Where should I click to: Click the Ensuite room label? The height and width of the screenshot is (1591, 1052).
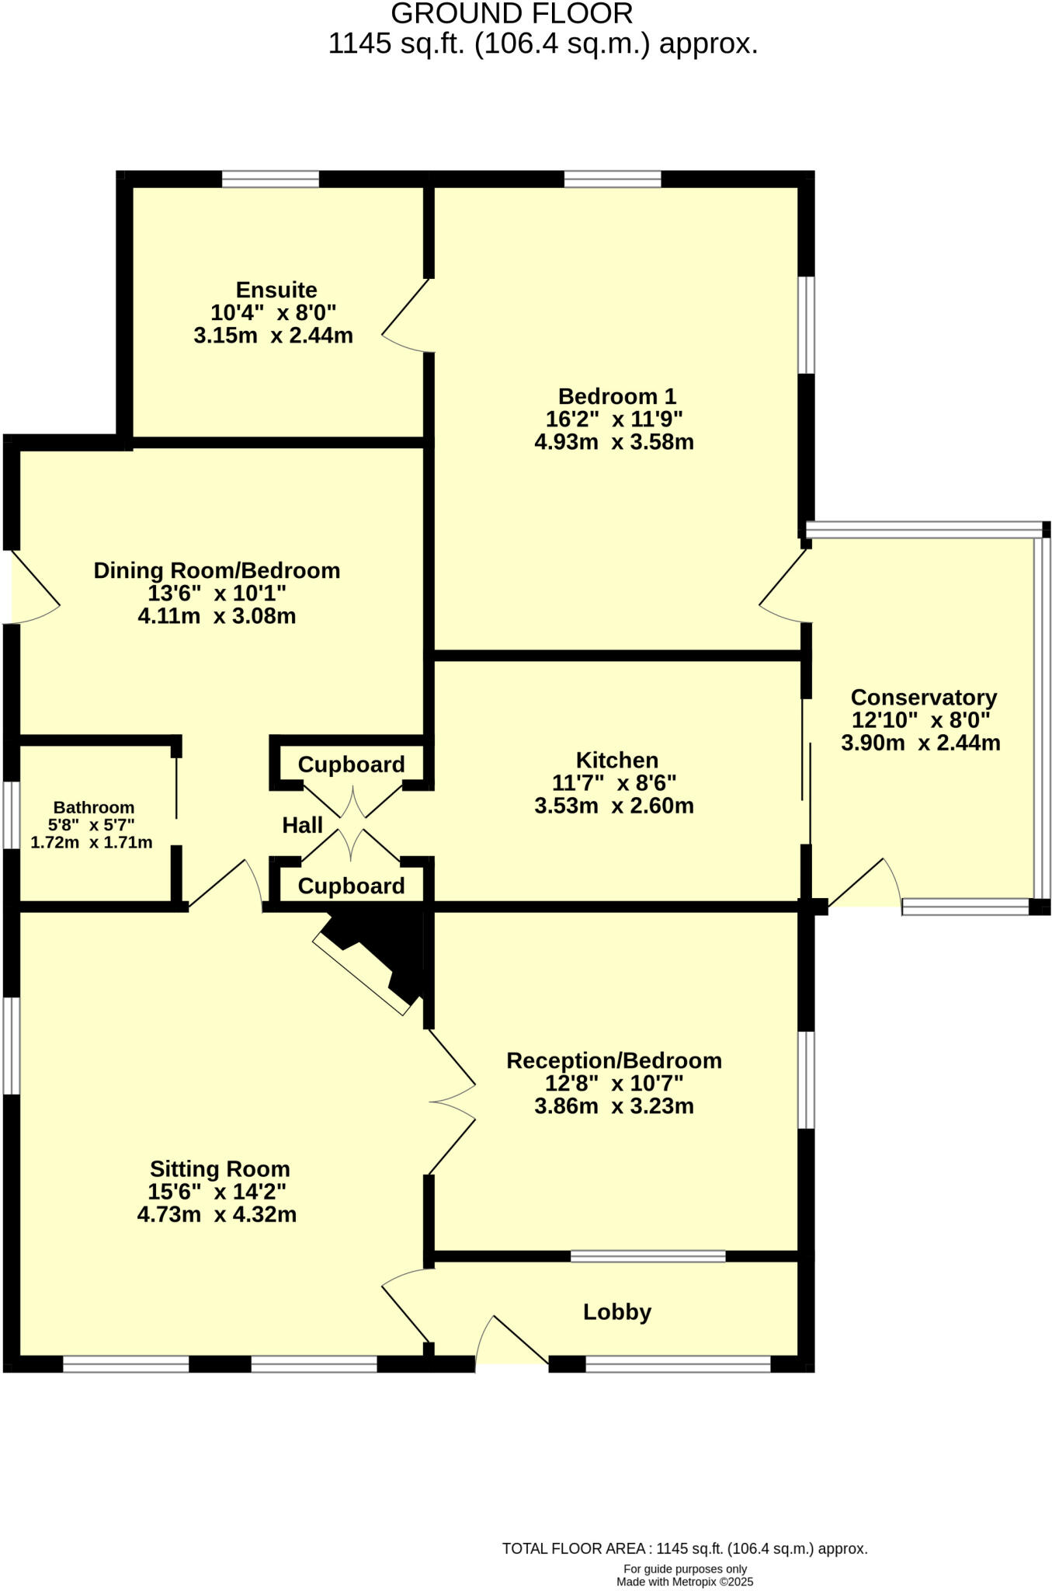pyautogui.click(x=276, y=291)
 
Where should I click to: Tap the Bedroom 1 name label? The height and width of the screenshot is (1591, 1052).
pyautogui.click(x=617, y=397)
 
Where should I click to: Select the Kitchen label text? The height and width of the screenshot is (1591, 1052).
pyautogui.click(x=616, y=760)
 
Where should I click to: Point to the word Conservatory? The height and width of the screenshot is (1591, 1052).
pyautogui.click(x=923, y=697)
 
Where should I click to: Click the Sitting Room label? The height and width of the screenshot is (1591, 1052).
pyautogui.click(x=220, y=1168)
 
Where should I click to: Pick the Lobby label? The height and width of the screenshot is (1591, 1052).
pyautogui.click(x=617, y=1312)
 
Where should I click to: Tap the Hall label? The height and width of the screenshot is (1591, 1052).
pyautogui.click(x=302, y=825)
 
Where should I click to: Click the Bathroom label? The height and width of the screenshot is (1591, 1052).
pyautogui.click(x=93, y=808)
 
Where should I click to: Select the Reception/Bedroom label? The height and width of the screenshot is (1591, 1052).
pyautogui.click(x=614, y=1060)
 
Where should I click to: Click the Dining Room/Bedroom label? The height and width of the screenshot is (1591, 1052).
pyautogui.click(x=217, y=570)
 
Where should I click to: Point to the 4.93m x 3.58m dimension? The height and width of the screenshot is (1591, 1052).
pyautogui.click(x=614, y=442)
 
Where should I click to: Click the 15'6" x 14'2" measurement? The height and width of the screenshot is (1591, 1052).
pyautogui.click(x=217, y=1192)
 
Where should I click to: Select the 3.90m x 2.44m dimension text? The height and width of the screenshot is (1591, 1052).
pyautogui.click(x=921, y=743)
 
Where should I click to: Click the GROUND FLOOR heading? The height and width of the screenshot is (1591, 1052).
pyautogui.click(x=512, y=14)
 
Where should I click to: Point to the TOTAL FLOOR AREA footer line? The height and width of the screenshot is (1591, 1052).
pyautogui.click(x=684, y=1548)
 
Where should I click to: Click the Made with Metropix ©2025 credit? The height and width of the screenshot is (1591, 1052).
pyautogui.click(x=685, y=1582)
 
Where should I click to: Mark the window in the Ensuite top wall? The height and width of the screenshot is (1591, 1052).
pyautogui.click(x=270, y=179)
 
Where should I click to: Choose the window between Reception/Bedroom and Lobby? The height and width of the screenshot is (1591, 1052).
pyautogui.click(x=648, y=1256)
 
